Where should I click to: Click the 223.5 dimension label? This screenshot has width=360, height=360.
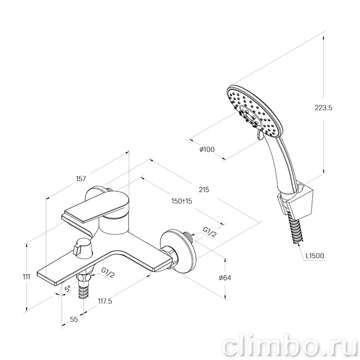tap(323, 107)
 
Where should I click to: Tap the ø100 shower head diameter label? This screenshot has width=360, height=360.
tap(207, 150)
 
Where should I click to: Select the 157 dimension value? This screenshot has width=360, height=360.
tap(81, 178)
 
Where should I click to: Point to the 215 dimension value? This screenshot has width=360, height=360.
tap(204, 190)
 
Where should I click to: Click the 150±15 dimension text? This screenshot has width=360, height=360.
tap(182, 201)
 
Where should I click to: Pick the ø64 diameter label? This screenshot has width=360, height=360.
tap(225, 278)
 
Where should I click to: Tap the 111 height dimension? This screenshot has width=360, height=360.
tap(27, 277)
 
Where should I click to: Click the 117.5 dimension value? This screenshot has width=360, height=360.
tap(105, 301)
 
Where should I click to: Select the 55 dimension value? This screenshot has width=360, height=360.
tap(74, 319)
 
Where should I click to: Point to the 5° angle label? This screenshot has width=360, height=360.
tap(67, 289)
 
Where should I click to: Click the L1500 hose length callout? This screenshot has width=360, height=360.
tap(315, 256)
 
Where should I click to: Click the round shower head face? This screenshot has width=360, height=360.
tap(255, 112)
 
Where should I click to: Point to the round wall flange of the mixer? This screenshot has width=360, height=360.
tap(179, 251)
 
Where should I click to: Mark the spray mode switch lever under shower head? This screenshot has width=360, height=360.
tap(260, 135)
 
